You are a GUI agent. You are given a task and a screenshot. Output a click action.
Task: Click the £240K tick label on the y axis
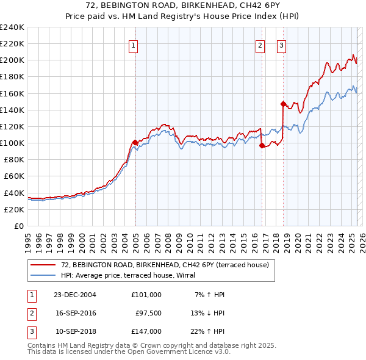coord(12,27)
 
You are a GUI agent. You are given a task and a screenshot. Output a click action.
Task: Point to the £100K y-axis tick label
coord(12,143)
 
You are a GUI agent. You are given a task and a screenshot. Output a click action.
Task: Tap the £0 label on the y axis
coord(20,226)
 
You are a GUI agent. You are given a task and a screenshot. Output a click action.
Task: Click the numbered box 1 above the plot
coord(133,45)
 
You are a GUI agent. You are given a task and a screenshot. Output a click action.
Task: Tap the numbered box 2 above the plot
coord(260,45)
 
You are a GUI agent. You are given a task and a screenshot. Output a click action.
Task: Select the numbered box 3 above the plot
coord(281,45)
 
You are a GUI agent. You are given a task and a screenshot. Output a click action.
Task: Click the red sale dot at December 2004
coord(135,142)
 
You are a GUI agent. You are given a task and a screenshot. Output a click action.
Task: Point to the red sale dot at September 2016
coord(262,145)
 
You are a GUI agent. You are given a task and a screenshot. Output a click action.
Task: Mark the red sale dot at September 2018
coord(283,104)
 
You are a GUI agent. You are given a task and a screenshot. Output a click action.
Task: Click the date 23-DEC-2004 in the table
coord(75,295)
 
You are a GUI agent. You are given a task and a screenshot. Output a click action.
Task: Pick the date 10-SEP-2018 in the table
coord(75,331)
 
